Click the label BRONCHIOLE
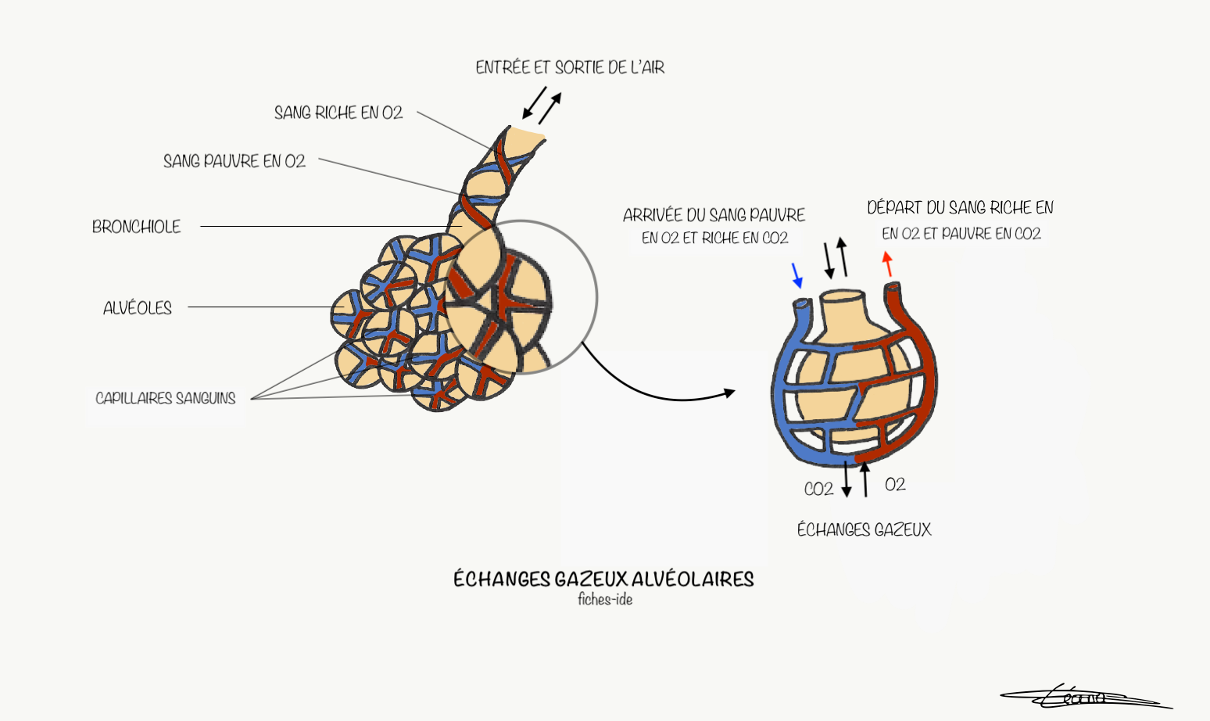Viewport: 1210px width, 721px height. coord(136,227)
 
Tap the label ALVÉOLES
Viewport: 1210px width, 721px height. coord(138,308)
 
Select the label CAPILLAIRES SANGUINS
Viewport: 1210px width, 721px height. coord(165,398)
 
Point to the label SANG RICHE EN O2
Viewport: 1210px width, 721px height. coord(338,113)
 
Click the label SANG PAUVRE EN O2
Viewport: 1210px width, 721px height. coord(234,161)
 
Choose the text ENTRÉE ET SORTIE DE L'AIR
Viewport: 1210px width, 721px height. coord(570,68)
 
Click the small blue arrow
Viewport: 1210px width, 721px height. coord(797,275)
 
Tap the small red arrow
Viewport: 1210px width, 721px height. coord(887,264)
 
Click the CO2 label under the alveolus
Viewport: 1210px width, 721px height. coord(818,490)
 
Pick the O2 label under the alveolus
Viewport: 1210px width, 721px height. coord(895,485)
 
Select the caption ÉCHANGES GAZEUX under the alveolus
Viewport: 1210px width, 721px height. coord(864,530)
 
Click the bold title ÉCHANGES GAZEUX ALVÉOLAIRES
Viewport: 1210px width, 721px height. coord(603,579)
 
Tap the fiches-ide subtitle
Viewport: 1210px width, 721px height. coord(605,600)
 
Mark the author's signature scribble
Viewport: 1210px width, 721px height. coord(1083,695)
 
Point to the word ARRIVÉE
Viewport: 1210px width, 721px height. coord(653,215)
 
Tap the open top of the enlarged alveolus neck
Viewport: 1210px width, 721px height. coord(843,298)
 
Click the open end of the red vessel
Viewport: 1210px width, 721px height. coord(892,290)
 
